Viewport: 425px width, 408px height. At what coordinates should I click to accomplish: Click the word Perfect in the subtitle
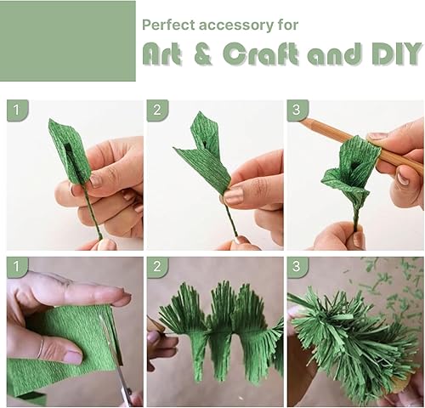[167, 25]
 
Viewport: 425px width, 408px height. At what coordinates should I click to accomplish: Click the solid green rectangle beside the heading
[68, 40]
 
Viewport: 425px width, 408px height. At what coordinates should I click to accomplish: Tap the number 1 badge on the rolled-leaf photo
[16, 110]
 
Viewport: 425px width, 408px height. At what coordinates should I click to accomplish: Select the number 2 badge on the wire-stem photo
[156, 110]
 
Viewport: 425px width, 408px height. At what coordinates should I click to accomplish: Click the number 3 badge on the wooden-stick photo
[296, 110]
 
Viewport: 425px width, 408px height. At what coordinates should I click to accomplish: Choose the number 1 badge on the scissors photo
[16, 268]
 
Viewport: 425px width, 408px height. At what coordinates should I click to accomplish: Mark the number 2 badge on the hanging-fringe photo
[156, 268]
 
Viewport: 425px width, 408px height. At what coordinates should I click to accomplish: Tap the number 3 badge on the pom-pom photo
[296, 268]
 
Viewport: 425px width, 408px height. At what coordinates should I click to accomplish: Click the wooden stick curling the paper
[374, 149]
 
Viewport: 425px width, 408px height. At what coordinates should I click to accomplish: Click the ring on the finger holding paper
[41, 347]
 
